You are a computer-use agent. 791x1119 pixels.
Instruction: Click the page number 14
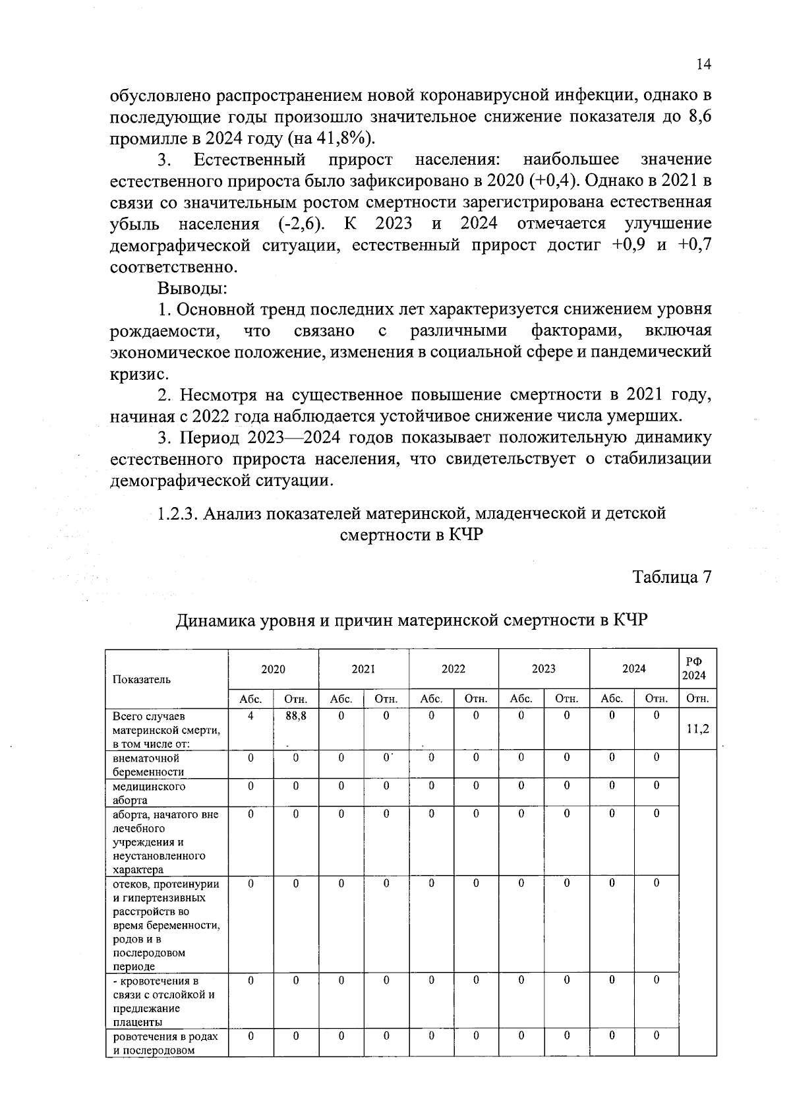pyautogui.click(x=703, y=64)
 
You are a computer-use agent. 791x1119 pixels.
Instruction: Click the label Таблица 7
pyautogui.click(x=672, y=577)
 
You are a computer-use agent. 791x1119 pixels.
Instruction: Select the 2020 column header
pyautogui.click(x=273, y=669)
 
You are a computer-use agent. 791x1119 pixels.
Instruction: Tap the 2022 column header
pyautogui.click(x=454, y=669)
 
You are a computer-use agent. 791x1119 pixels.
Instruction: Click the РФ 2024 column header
pyautogui.click(x=697, y=669)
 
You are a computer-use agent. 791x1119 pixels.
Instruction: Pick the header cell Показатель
pyautogui.click(x=142, y=679)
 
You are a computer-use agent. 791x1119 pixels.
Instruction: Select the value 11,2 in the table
pyautogui.click(x=697, y=729)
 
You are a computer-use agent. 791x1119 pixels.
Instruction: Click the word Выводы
pyautogui.click(x=192, y=288)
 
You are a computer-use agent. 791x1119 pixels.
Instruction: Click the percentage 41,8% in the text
pyautogui.click(x=345, y=138)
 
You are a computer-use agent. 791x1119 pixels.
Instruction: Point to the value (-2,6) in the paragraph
pyautogui.click(x=301, y=224)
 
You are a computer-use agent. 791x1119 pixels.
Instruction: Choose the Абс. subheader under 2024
pyautogui.click(x=612, y=699)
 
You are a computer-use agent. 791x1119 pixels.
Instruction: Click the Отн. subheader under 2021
pyautogui.click(x=386, y=699)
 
